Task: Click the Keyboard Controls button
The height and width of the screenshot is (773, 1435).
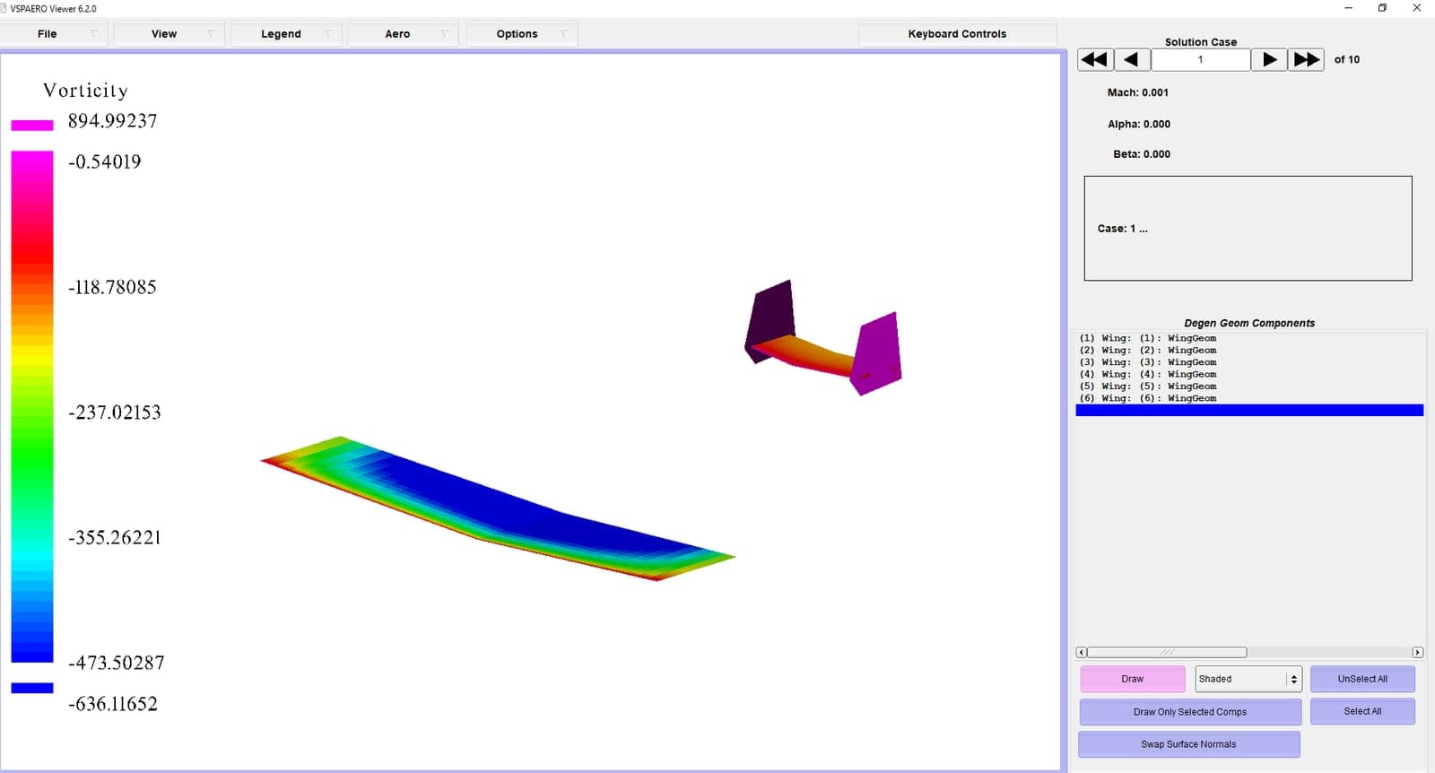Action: pyautogui.click(x=956, y=34)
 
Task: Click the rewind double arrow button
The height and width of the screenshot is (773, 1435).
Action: pyautogui.click(x=1094, y=60)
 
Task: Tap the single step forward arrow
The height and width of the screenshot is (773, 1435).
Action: pyautogui.click(x=1269, y=60)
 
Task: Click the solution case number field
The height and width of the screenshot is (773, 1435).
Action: pyautogui.click(x=1200, y=60)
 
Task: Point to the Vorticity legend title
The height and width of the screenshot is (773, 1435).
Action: pyautogui.click(x=85, y=91)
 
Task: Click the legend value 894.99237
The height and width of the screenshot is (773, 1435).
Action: pyautogui.click(x=112, y=121)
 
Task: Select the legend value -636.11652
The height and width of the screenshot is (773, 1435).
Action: pyautogui.click(x=112, y=704)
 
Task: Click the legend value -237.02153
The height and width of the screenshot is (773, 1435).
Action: pyautogui.click(x=114, y=413)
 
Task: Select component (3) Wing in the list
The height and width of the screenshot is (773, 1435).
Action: pyautogui.click(x=1148, y=362)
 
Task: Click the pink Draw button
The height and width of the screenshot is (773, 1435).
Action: pyautogui.click(x=1132, y=679)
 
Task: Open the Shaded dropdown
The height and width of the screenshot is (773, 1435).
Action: pyautogui.click(x=1248, y=679)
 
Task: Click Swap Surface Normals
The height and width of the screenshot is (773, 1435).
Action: pyautogui.click(x=1188, y=744)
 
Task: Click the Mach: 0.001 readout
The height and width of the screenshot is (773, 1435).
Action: pyautogui.click(x=1137, y=92)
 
